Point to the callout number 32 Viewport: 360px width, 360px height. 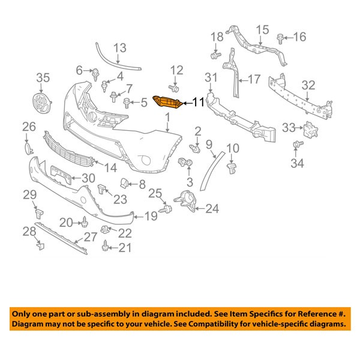click(308, 85)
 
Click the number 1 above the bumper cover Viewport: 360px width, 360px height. click(169, 118)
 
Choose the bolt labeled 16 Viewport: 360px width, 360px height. click(281, 38)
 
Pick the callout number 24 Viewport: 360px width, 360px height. click(212, 209)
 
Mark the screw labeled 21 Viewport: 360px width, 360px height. click(106, 245)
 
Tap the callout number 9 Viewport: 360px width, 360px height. click(209, 144)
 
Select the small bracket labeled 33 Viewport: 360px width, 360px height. click(309, 128)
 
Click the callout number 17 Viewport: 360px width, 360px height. click(254, 79)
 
